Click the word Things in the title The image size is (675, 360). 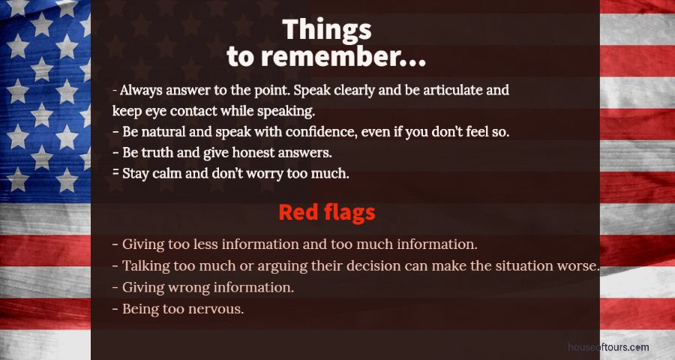pyautogui.click(x=327, y=30)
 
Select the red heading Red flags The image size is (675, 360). pyautogui.click(x=327, y=212)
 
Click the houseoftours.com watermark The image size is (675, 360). pyautogui.click(x=607, y=347)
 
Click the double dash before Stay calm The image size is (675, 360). pyautogui.click(x=115, y=172)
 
